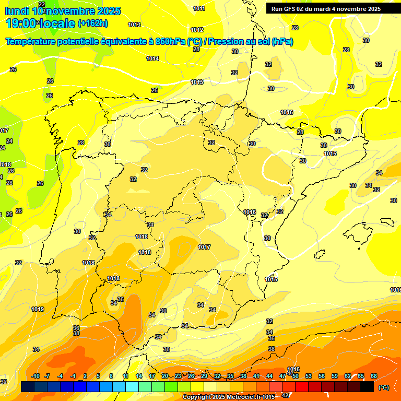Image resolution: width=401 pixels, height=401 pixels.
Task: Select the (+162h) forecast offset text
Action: coord(92,23)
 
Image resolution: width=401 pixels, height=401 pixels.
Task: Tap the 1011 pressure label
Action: coord(199,8)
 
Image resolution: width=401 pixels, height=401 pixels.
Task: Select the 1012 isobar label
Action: coord(197,30)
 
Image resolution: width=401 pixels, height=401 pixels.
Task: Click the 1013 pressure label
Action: coord(134,25)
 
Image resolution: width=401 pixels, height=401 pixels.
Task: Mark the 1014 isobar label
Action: coord(152,58)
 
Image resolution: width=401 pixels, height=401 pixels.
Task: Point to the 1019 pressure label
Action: coord(38,309)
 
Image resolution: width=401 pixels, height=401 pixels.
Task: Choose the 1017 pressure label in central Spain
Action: coord(204,247)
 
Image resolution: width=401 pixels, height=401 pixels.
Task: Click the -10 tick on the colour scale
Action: coord(36,376)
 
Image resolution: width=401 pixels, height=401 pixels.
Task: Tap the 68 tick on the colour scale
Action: coord(374,376)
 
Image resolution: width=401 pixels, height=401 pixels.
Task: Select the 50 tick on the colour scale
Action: coord(296,376)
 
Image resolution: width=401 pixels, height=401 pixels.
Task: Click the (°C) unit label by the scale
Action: coord(383,387)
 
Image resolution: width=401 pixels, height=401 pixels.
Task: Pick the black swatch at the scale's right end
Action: coord(367,387)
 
